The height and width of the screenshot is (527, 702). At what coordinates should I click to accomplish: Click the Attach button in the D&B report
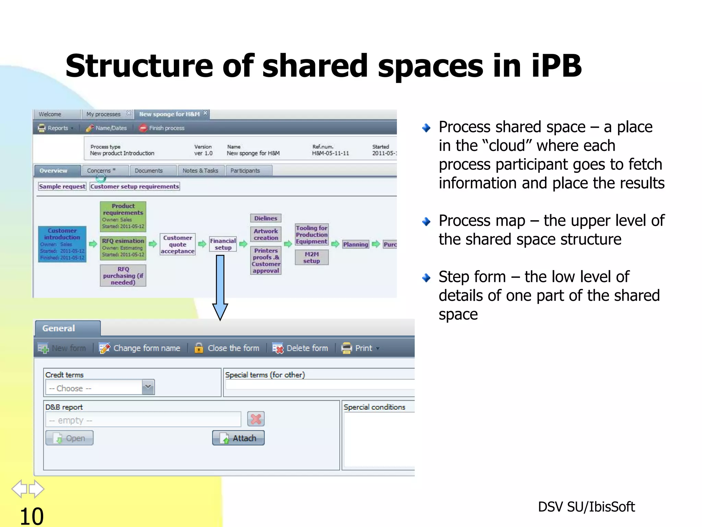[238, 438]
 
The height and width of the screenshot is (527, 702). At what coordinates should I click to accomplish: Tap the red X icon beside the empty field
[256, 419]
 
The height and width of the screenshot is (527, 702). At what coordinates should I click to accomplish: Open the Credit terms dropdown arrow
[148, 387]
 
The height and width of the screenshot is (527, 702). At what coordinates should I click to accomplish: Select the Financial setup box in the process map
[223, 244]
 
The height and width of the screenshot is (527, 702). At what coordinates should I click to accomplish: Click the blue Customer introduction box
[62, 244]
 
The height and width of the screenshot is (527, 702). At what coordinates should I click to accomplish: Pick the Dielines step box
[266, 218]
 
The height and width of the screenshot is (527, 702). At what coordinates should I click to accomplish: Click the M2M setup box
[312, 257]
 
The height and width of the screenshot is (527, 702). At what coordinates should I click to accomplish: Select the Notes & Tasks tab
[201, 171]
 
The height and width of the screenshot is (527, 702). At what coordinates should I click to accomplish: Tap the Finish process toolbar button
[162, 128]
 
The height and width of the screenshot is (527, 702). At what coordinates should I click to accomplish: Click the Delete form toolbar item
[300, 348]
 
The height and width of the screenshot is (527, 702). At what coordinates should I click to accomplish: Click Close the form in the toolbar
[227, 348]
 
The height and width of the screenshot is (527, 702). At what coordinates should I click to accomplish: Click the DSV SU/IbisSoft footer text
[586, 507]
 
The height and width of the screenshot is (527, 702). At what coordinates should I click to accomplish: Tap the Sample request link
[62, 186]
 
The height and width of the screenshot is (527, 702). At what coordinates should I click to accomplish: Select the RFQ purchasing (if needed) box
[123, 276]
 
